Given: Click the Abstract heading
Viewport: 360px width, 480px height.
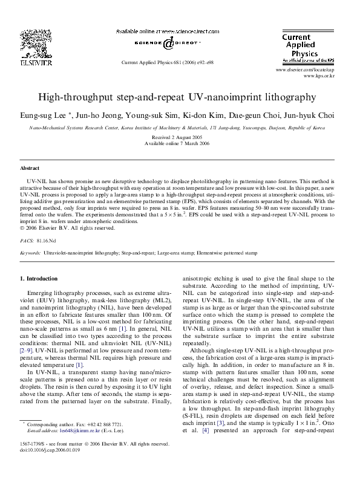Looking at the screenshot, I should (30, 167).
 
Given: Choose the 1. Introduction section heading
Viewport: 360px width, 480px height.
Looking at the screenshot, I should (39, 279).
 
